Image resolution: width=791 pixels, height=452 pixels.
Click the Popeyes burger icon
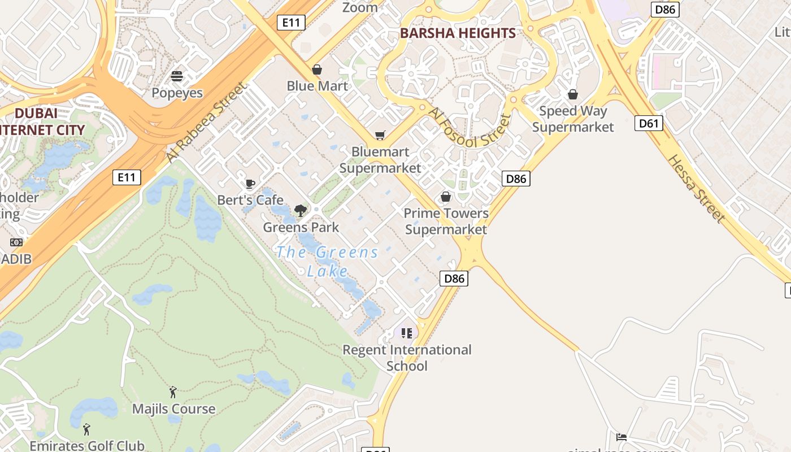[177, 76]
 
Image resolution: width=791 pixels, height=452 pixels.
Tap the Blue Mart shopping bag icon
[317, 69]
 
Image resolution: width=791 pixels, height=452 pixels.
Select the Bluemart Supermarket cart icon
[380, 136]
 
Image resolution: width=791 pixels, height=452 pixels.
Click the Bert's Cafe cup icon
[250, 184]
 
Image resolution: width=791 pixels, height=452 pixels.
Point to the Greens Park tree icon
[301, 211]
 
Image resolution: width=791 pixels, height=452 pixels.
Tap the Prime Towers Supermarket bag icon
[446, 197]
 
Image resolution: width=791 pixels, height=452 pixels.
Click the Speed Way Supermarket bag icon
[573, 94]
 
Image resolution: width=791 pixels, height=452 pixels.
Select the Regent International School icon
[407, 333]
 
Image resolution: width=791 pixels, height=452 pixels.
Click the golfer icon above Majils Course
[173, 392]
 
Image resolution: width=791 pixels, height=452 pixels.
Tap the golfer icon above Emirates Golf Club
[86, 429]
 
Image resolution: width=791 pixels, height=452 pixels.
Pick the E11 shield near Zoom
[291, 23]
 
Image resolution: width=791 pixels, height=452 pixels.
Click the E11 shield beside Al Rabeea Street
[127, 177]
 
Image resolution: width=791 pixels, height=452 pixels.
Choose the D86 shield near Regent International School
[454, 278]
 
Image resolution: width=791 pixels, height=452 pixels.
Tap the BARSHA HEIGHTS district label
[458, 33]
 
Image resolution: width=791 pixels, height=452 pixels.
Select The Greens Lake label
[327, 261]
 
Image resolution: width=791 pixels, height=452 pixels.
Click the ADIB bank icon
[16, 242]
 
